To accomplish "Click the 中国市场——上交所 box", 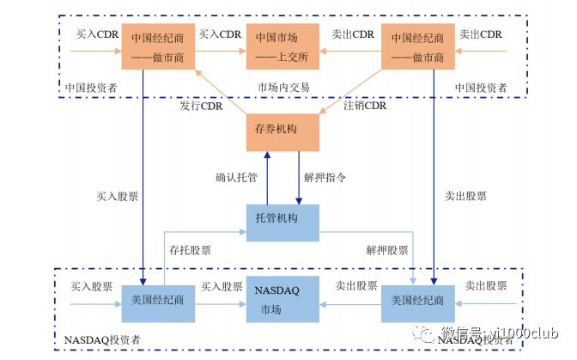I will [x=282, y=48].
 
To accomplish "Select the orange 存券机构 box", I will [x=282, y=131].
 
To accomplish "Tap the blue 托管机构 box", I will [x=282, y=220].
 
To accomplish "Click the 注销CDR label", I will [x=365, y=107].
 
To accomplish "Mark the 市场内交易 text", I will [x=283, y=88].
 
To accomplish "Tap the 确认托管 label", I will [x=237, y=179].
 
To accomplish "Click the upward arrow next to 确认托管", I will [x=267, y=178].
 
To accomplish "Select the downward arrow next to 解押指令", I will [x=298, y=178].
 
